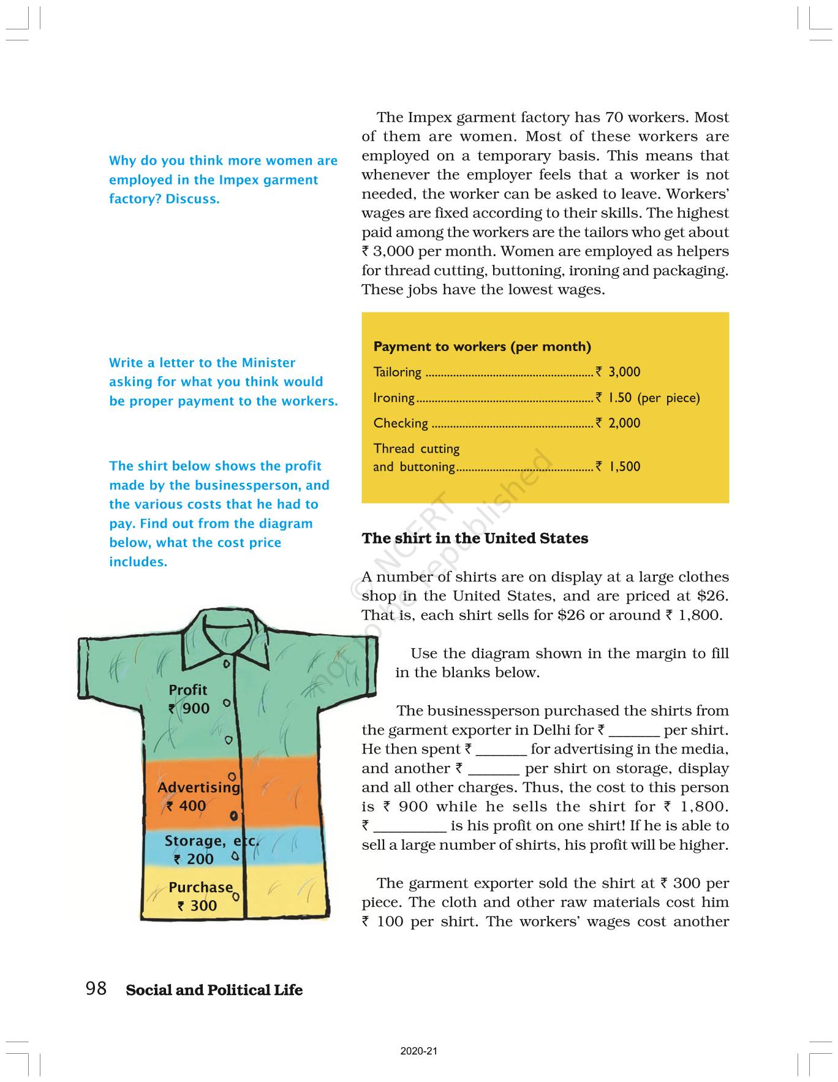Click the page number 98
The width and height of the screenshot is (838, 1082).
[96, 988]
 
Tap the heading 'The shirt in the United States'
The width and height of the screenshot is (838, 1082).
[475, 539]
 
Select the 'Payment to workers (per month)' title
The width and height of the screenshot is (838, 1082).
[482, 347]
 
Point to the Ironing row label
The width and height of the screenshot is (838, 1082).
[394, 398]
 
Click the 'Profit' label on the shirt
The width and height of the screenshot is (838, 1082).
[188, 690]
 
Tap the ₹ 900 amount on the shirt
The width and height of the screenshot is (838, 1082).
[189, 709]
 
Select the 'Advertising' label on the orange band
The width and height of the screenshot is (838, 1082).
[198, 787]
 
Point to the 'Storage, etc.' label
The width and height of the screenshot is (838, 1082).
[211, 841]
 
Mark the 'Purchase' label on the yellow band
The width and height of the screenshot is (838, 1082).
[200, 887]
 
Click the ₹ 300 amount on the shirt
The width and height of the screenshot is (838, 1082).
[197, 906]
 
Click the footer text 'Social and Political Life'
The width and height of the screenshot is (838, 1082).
[214, 990]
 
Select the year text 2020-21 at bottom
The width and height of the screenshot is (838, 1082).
[419, 1051]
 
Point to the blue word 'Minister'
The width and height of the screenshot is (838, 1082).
[268, 363]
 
